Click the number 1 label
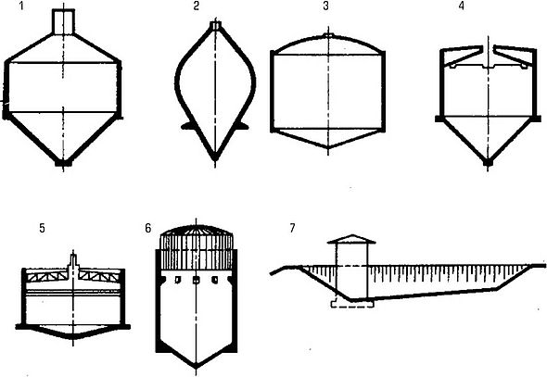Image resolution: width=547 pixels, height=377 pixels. pyautogui.click(x=21, y=6)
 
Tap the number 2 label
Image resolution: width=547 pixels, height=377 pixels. pyautogui.click(x=196, y=6)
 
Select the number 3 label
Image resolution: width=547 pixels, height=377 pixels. pyautogui.click(x=325, y=6)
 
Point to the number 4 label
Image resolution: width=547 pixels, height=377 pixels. pyautogui.click(x=462, y=6)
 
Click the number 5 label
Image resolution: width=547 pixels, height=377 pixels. pyautogui.click(x=43, y=228)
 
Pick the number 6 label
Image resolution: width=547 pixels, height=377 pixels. pyautogui.click(x=148, y=228)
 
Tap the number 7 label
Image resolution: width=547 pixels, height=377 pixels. pyautogui.click(x=292, y=228)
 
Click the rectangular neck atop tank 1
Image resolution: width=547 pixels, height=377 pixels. pyautogui.click(x=63, y=21)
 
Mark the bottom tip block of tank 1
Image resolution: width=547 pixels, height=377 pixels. pyautogui.click(x=63, y=163)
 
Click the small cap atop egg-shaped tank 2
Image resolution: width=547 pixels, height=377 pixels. pyautogui.click(x=216, y=26)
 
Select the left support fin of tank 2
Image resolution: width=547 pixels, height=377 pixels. pyautogui.click(x=187, y=126)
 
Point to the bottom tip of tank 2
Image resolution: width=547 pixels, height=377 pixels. pyautogui.click(x=215, y=157)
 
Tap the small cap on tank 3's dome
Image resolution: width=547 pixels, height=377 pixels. pyautogui.click(x=328, y=35)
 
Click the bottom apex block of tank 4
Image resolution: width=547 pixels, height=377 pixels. pyautogui.click(x=488, y=162)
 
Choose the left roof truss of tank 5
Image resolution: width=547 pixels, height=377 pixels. pyautogui.click(x=47, y=276)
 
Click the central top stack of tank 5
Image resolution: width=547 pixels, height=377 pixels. pyautogui.click(x=73, y=263)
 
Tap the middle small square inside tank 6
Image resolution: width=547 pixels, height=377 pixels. pyautogui.click(x=196, y=280)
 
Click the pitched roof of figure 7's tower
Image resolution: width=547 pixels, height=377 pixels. pyautogui.click(x=351, y=239)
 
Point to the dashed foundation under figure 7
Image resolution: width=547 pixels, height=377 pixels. pyautogui.click(x=352, y=304)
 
